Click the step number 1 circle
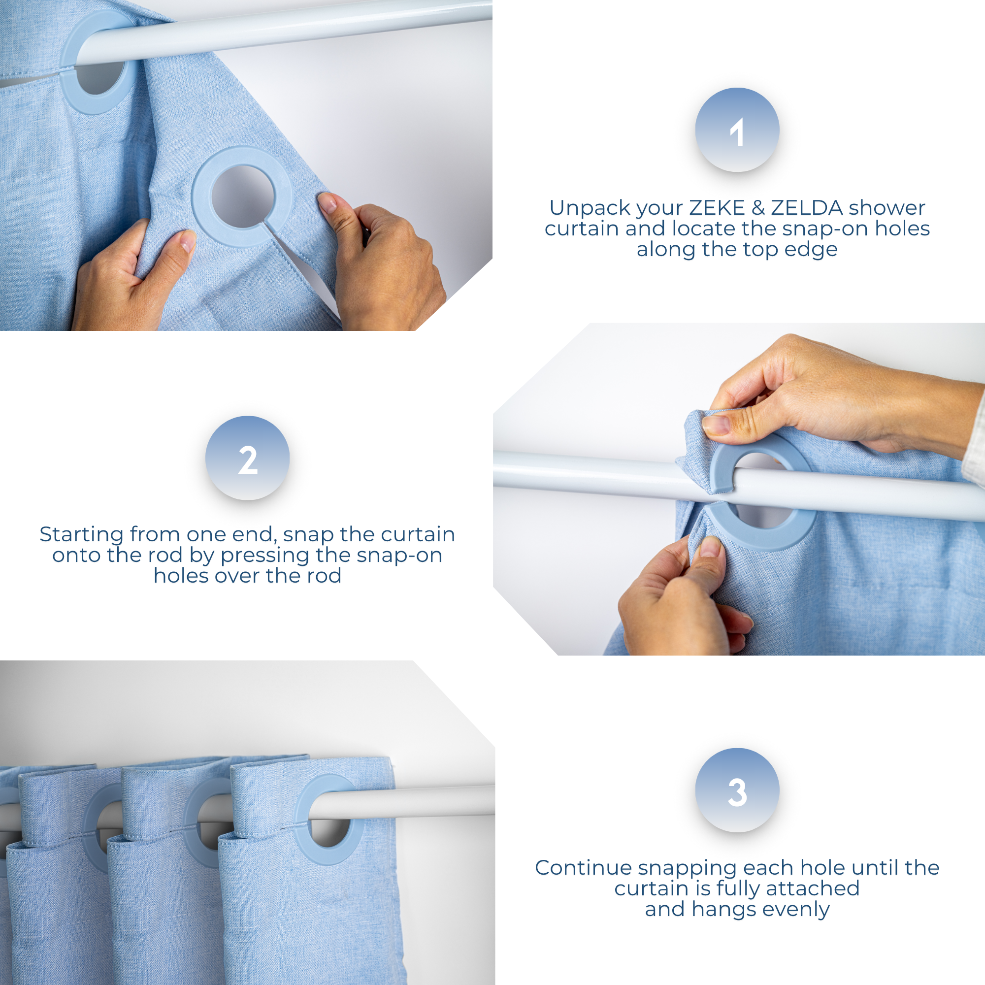[737, 130]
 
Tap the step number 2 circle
[247, 458]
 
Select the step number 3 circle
[737, 791]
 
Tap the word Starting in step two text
[81, 534]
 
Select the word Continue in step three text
[583, 867]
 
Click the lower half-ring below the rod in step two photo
[759, 535]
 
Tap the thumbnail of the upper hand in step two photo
[715, 424]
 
